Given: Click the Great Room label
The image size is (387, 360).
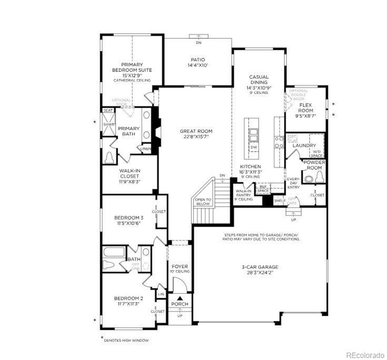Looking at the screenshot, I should (196, 131).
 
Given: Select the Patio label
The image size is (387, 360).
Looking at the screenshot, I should (198, 60).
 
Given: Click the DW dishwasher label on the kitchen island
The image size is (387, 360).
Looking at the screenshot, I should (254, 147).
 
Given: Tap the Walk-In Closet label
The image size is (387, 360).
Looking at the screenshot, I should (130, 173).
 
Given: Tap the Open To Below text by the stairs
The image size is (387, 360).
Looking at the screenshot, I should (203, 202).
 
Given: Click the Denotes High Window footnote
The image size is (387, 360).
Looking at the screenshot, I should (126, 340).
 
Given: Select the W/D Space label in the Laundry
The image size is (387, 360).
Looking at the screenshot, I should (316, 154).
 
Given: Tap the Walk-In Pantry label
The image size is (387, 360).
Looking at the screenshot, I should (243, 195).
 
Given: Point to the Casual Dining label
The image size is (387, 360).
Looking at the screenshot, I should (259, 79).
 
